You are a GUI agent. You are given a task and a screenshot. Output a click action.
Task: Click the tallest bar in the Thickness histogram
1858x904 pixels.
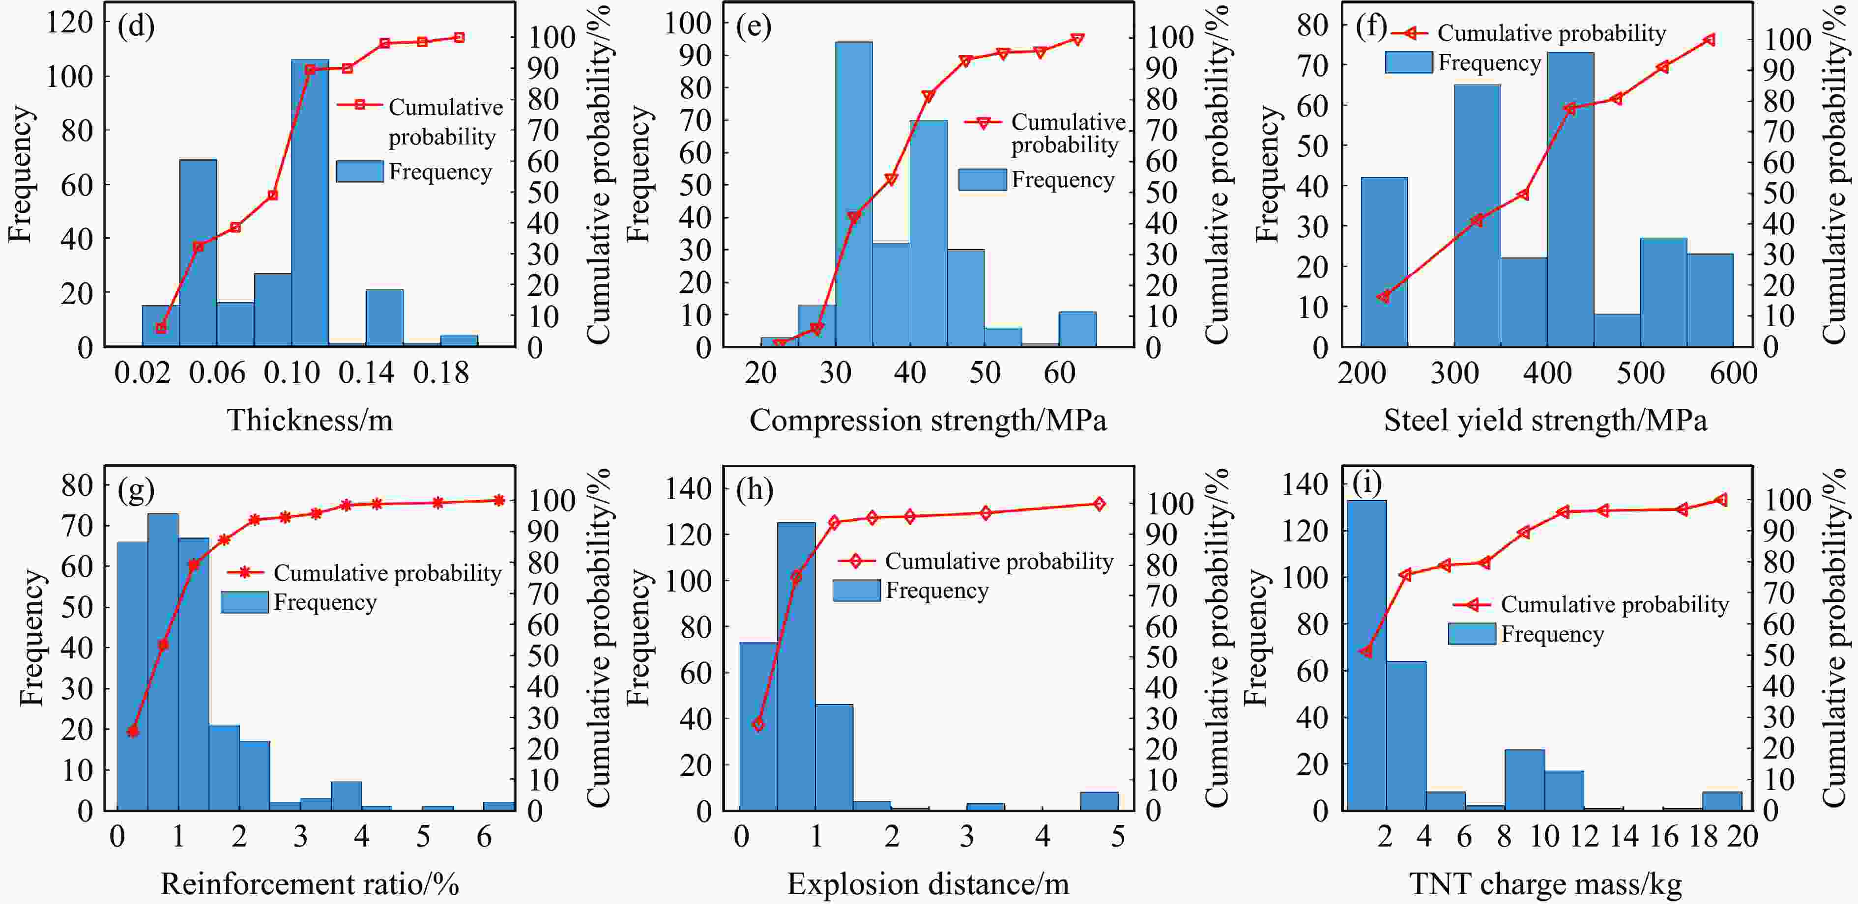pyautogui.click(x=310, y=202)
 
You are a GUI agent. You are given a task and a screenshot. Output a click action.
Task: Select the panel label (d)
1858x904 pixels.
pyautogui.click(x=136, y=26)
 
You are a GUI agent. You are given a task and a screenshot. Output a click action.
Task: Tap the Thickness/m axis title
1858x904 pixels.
pyautogui.click(x=310, y=420)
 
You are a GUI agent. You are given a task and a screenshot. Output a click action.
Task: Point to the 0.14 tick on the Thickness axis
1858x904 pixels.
pyautogui.click(x=366, y=373)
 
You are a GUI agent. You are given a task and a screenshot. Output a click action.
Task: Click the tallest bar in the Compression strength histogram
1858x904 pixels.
pyautogui.click(x=854, y=195)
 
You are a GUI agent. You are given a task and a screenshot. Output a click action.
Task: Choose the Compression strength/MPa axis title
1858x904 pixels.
pyautogui.click(x=928, y=420)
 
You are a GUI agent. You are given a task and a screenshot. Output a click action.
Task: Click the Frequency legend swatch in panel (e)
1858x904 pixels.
pyautogui.click(x=982, y=179)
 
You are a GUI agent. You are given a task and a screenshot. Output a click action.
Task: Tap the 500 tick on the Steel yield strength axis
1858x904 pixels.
pyautogui.click(x=1640, y=373)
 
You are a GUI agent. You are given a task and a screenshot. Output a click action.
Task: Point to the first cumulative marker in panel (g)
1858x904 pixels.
pyautogui.click(x=133, y=732)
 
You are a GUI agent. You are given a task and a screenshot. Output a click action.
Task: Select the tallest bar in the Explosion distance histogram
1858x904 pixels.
pyautogui.click(x=796, y=667)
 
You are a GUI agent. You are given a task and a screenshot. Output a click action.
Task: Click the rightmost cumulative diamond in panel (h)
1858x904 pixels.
pyautogui.click(x=1099, y=504)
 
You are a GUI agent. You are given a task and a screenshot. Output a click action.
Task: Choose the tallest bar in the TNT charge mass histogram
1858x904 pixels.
pyautogui.click(x=1366, y=655)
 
